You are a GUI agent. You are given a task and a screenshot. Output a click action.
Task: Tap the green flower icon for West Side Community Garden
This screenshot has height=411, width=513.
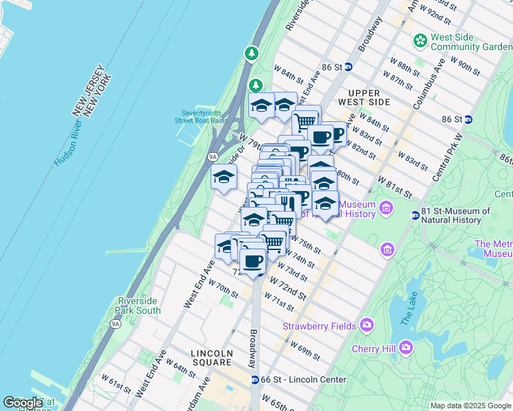pyautogui.click(x=419, y=41)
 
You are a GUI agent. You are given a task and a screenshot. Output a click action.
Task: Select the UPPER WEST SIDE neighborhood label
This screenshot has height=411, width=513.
pyautogui.click(x=368, y=97)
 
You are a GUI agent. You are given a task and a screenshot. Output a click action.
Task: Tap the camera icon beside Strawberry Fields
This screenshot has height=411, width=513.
pyautogui.click(x=367, y=324)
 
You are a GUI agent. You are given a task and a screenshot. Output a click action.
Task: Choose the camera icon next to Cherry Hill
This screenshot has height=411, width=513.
pyautogui.click(x=406, y=348)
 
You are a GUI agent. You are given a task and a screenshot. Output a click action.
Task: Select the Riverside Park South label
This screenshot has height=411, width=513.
pyautogui.click(x=139, y=306)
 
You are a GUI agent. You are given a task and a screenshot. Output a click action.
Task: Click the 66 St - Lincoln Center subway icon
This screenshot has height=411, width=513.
pyautogui.click(x=254, y=379)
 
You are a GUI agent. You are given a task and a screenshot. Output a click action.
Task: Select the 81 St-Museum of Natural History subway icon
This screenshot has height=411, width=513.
pyautogui.click(x=415, y=216)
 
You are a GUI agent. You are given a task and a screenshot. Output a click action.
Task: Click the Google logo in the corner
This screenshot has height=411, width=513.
pyautogui.click(x=23, y=402)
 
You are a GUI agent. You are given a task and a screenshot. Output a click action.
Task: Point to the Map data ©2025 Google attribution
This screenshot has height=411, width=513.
pyautogui.click(x=470, y=406)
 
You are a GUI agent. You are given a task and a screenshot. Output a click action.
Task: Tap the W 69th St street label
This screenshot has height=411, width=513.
pyautogui.click(x=304, y=350)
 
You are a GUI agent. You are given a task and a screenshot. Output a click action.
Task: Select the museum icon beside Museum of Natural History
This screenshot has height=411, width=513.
pyautogui.click(x=386, y=208)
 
